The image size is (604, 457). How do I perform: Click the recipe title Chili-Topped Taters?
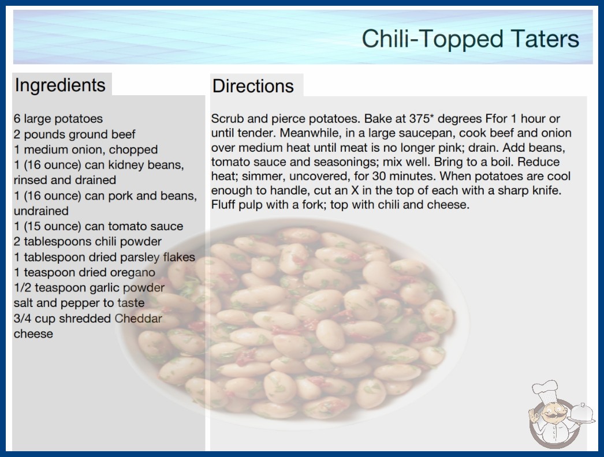click(471, 39)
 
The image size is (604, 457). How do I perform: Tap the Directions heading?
click(253, 86)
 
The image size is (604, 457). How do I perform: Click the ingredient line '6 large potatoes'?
click(58, 119)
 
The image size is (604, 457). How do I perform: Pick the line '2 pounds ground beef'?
click(74, 134)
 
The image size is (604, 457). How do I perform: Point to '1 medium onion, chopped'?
click(86, 149)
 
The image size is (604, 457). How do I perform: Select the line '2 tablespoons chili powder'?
click(87, 241)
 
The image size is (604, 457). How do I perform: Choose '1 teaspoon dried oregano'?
click(84, 272)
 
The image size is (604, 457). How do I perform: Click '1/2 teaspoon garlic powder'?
click(89, 287)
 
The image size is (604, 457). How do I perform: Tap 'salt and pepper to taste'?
click(79, 303)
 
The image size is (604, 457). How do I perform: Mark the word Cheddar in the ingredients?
click(138, 319)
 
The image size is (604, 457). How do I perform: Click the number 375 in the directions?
click(419, 118)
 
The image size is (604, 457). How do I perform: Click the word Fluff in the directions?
click(223, 204)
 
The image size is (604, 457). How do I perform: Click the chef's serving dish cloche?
click(582, 413)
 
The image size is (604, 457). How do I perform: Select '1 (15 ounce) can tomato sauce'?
click(98, 226)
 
